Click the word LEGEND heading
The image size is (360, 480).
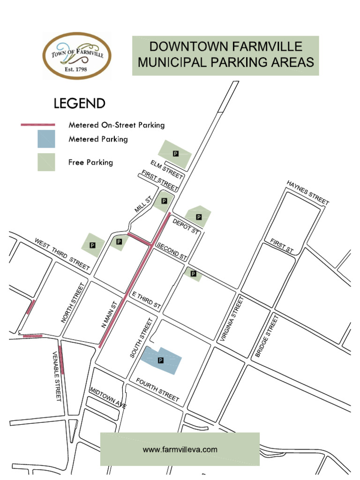pyautogui.click(x=79, y=104)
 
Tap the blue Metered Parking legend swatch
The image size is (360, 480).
pyautogui.click(x=46, y=139)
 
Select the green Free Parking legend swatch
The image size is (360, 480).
pyautogui.click(x=46, y=162)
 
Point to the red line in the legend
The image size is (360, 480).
pyautogui.click(x=38, y=125)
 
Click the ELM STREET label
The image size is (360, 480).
pyautogui.click(x=166, y=169)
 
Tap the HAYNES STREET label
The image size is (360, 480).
pyautogui.click(x=308, y=193)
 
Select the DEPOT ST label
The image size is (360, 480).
pyautogui.click(x=186, y=226)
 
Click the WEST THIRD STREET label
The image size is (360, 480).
pyautogui.click(x=62, y=254)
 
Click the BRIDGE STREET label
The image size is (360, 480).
pyautogui.click(x=267, y=336)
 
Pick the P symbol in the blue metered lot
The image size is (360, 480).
pyautogui.click(x=161, y=360)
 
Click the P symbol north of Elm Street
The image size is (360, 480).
pyautogui.click(x=176, y=153)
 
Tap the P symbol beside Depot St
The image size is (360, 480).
pyautogui.click(x=199, y=217)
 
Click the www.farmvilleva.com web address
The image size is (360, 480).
pyautogui.click(x=180, y=449)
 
